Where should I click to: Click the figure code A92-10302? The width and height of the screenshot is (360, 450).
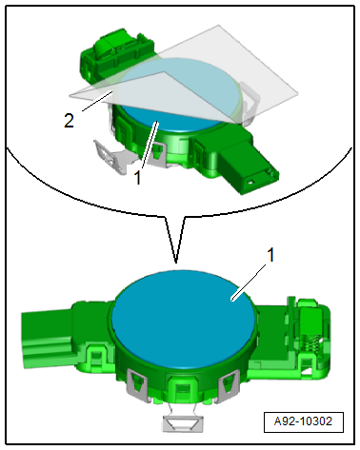303,421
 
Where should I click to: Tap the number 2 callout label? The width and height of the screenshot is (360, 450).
69,121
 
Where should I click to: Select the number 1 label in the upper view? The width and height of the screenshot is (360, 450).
137,178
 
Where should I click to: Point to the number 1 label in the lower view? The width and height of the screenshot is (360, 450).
270,255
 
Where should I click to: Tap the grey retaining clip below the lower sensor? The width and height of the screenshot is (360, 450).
182,422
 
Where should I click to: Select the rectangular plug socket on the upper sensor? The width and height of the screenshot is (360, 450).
250,170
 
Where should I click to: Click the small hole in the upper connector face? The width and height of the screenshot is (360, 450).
250,182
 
